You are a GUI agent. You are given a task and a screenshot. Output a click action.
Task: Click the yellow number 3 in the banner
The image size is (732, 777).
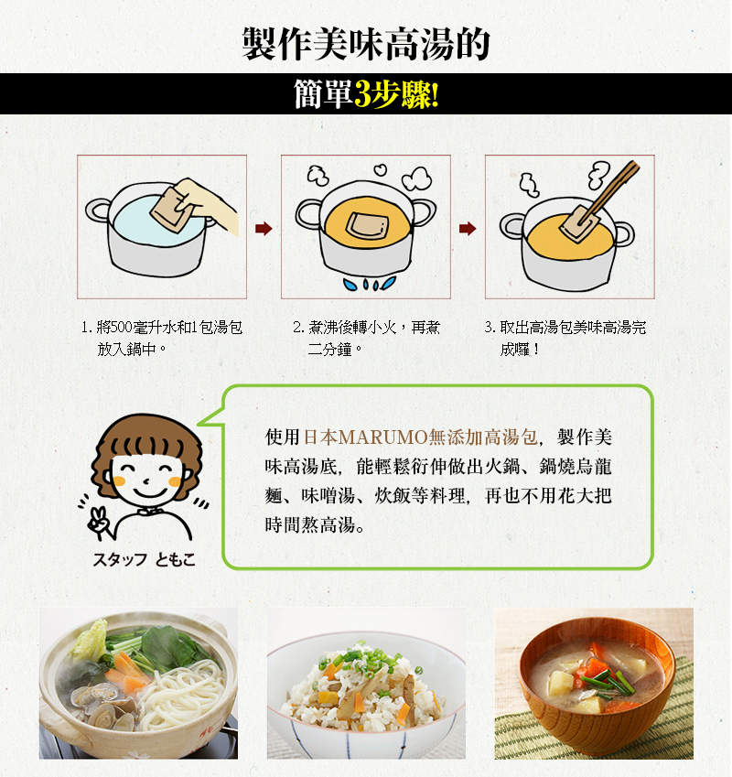(363, 94)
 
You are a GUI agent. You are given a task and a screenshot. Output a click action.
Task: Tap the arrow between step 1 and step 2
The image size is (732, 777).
(264, 229)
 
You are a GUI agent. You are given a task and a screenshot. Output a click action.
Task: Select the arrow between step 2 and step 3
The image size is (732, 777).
(468, 229)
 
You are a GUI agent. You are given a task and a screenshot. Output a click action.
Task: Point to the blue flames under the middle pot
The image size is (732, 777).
(370, 284)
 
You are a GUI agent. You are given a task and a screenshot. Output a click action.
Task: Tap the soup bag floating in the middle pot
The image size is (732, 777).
(366, 224)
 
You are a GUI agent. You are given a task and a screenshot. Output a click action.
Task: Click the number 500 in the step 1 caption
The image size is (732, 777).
(122, 328)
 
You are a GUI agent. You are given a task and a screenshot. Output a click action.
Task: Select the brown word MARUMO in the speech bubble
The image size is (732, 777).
(382, 437)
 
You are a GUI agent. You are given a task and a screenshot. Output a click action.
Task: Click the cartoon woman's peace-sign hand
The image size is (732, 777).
(99, 522)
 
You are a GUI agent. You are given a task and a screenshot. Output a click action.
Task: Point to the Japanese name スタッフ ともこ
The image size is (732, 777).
(145, 559)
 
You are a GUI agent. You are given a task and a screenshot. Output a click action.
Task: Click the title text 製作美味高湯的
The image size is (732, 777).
(366, 44)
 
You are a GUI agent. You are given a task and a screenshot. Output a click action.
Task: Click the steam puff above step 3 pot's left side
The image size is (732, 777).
(529, 184)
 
